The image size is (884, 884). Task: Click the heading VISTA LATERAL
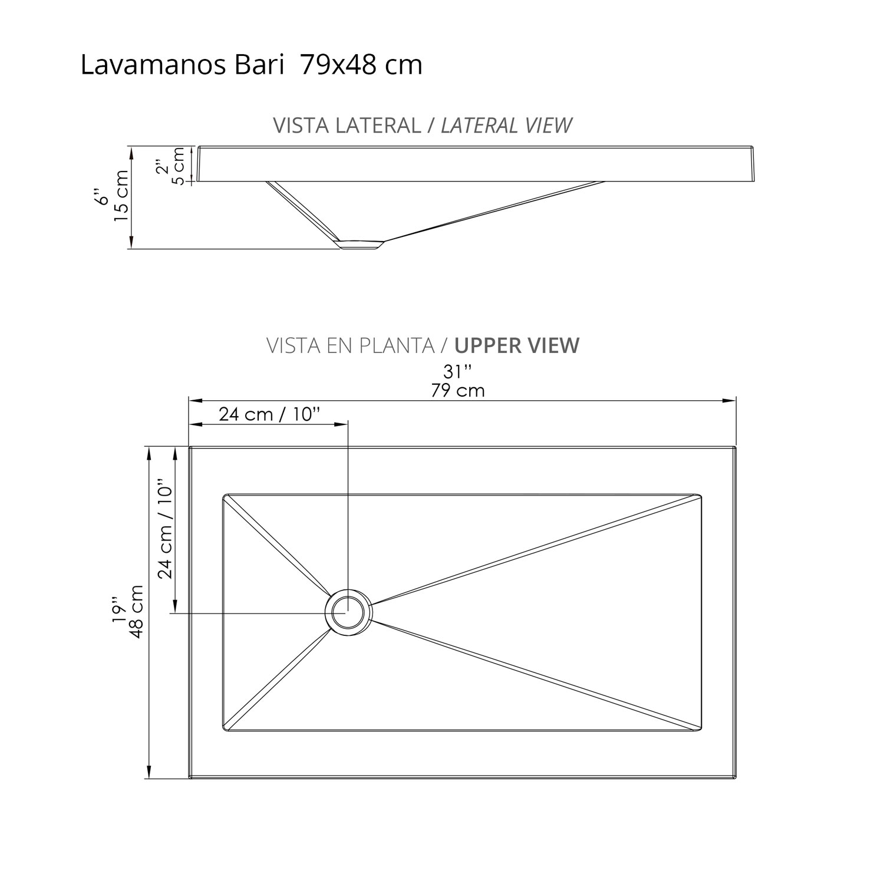347,126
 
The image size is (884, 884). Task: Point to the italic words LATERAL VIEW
506,126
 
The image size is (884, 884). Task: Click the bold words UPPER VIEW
517,345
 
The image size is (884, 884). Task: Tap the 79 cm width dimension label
458,390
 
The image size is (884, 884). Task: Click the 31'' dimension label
458,372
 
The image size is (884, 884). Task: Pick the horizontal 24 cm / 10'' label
269,414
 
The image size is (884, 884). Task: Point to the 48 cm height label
137,611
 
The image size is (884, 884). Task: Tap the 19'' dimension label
120,611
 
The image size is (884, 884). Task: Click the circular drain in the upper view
348,612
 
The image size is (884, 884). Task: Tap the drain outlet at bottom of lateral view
361,244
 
